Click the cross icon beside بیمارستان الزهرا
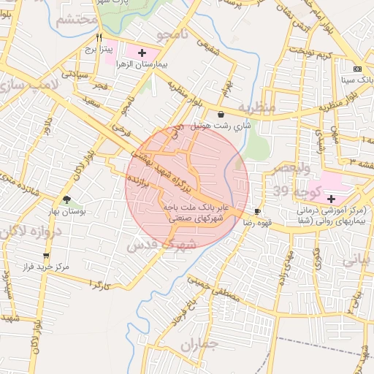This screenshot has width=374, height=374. (142, 53)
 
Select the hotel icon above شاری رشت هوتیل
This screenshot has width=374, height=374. (221, 113)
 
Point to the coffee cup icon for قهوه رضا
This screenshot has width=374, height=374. (257, 210)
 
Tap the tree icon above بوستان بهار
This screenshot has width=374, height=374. (67, 199)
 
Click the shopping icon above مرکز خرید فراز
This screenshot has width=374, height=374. (47, 256)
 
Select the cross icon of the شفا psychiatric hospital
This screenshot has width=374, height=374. (331, 198)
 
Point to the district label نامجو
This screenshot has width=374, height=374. (173, 37)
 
